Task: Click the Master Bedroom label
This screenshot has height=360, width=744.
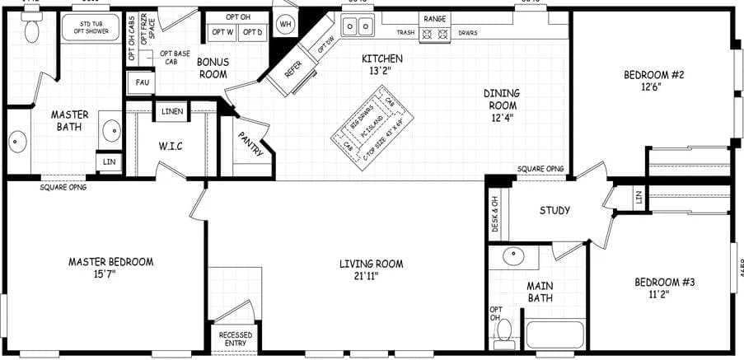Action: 110,262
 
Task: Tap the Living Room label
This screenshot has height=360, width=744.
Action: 371,264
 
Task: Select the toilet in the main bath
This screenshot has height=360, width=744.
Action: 503,331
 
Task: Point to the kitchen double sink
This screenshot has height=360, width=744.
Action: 358,27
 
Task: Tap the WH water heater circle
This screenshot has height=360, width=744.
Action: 286,24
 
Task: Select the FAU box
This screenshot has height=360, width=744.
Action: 137,82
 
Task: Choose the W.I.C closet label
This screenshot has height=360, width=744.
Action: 171,147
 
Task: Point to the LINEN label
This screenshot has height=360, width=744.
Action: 172,110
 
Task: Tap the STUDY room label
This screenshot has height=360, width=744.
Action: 554,210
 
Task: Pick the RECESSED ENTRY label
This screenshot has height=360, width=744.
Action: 235,339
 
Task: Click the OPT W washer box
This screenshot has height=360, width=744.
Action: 222,32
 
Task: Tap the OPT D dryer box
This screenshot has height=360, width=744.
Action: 254,32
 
